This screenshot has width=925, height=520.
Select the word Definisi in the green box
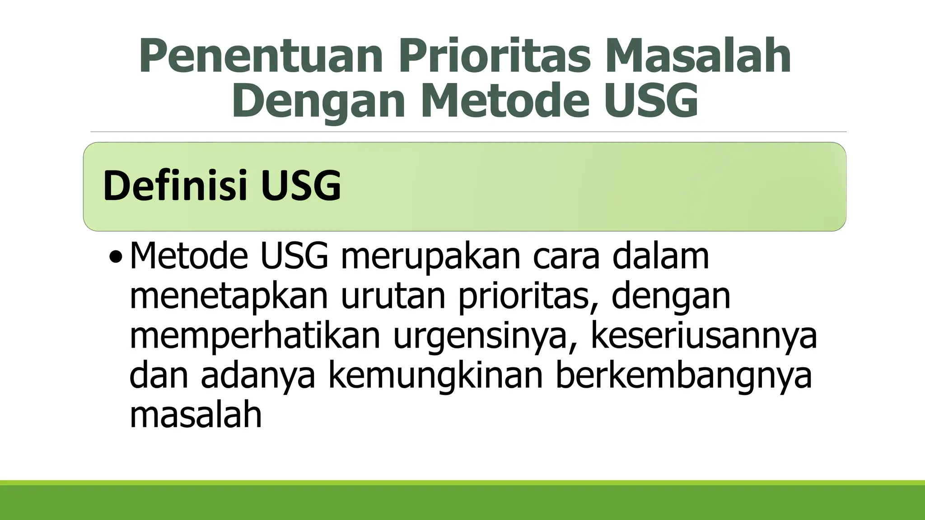pyautogui.click(x=176, y=186)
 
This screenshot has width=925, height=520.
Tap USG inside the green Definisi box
pyautogui.click(x=300, y=186)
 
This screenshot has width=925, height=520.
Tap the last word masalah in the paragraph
pyautogui.click(x=196, y=414)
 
